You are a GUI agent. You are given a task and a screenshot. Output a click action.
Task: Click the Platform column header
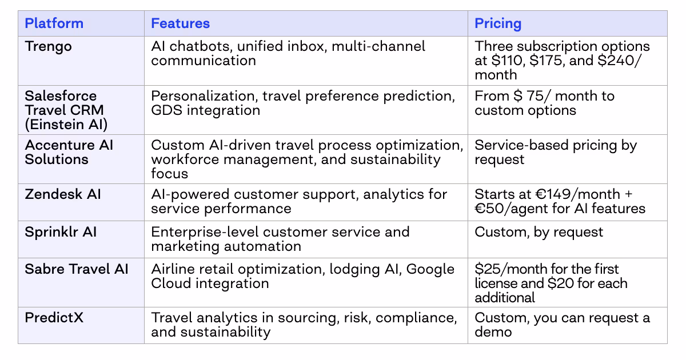[x=54, y=23]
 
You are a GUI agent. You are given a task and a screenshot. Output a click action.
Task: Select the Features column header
[x=180, y=23]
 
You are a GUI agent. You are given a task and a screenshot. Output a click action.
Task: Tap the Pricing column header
[x=498, y=23]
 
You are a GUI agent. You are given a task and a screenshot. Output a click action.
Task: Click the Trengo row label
[x=49, y=46]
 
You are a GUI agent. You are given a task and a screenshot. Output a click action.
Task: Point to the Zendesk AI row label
[x=63, y=194]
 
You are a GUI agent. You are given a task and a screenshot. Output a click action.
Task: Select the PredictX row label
[x=54, y=317]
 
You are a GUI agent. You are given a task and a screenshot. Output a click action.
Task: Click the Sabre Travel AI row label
[x=77, y=269]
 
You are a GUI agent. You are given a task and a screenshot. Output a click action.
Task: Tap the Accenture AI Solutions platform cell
[x=69, y=152]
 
